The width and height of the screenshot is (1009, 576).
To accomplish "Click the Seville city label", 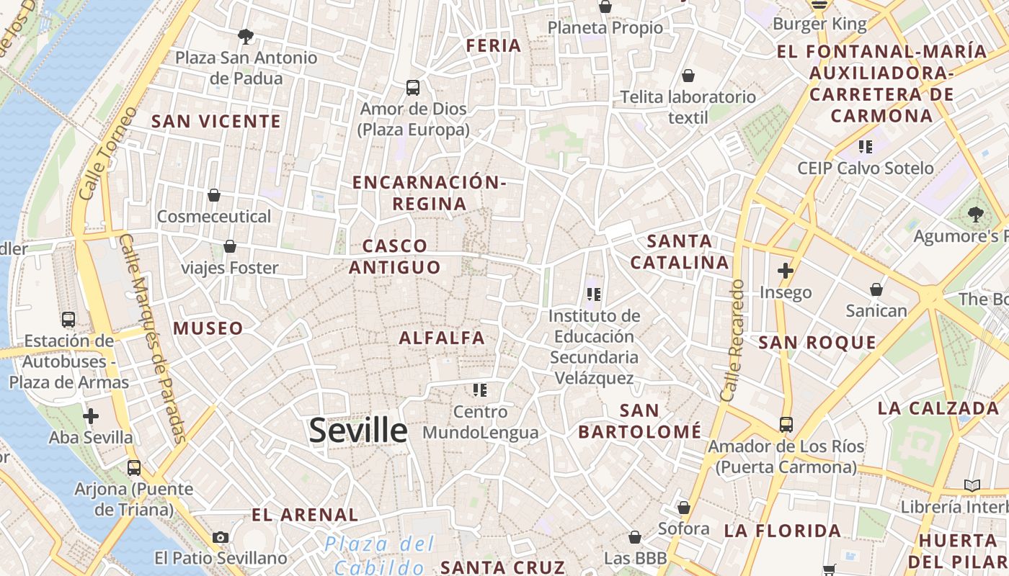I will [x=358, y=430].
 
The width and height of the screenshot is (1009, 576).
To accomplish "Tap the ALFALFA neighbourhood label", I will [x=442, y=338].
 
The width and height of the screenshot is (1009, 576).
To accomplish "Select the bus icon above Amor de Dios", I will [x=413, y=88].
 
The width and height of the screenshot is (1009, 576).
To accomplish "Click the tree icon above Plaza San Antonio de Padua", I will [x=246, y=36].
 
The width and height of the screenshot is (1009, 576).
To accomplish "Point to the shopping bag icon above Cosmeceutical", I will [x=214, y=195].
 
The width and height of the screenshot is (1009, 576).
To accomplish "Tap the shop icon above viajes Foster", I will [x=230, y=247].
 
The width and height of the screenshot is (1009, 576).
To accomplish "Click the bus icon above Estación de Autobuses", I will [x=68, y=320].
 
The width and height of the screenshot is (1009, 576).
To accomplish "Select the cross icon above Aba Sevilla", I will [x=91, y=416].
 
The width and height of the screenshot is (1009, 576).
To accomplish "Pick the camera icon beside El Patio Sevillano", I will [x=221, y=537].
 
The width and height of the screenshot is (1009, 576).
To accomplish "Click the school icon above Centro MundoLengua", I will [x=480, y=390].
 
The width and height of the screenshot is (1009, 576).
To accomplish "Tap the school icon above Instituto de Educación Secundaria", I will [x=594, y=294].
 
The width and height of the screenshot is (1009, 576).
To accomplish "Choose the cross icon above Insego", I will [x=786, y=271].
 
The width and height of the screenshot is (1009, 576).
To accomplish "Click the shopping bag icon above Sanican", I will [x=876, y=289].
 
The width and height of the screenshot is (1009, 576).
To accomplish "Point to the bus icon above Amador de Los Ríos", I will [x=786, y=425].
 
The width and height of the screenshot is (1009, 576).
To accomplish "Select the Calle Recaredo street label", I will [x=732, y=340].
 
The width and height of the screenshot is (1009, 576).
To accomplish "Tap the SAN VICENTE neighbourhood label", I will [x=216, y=122].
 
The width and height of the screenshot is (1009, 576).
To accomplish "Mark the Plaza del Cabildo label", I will [x=380, y=554].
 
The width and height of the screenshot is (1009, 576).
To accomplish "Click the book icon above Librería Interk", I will [x=972, y=486].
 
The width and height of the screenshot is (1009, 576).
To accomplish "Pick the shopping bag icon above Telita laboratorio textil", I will [x=688, y=76].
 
